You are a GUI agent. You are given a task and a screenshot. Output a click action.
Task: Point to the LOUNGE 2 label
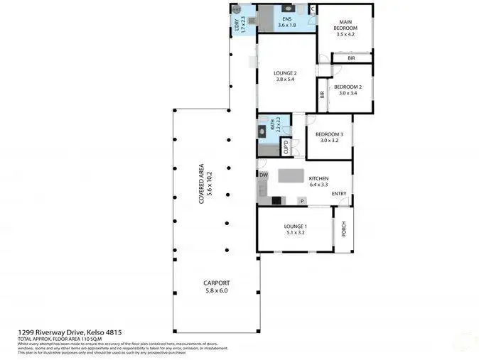(286, 73)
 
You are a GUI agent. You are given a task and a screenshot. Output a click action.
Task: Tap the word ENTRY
(339, 194)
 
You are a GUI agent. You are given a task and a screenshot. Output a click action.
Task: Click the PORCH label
(344, 229)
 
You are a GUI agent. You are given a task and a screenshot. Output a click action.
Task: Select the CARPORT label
(217, 283)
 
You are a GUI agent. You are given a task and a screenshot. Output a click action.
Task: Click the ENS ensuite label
(286, 18)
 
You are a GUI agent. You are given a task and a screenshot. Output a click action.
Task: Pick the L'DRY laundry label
(237, 26)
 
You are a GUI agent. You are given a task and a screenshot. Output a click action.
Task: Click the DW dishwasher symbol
(264, 175)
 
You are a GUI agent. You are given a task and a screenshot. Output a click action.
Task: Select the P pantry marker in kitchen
(302, 202)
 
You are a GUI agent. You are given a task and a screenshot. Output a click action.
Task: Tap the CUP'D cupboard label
(286, 148)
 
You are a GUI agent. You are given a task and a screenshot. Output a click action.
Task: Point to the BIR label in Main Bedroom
(351, 58)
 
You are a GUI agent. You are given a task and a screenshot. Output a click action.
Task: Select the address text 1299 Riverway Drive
(51, 332)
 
